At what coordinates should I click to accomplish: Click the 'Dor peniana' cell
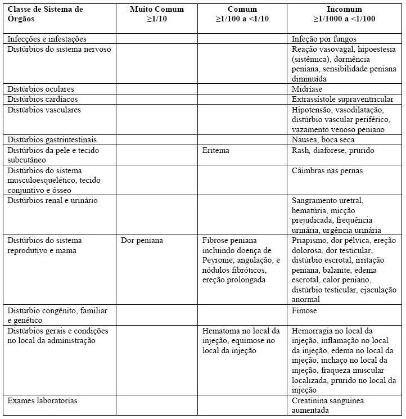click(x=142, y=240)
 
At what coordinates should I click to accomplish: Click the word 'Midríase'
click(x=308, y=89)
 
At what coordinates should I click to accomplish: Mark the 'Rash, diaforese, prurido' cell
click(x=333, y=151)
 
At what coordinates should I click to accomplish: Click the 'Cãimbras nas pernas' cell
click(x=327, y=170)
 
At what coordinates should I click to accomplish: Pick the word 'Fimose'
click(x=304, y=310)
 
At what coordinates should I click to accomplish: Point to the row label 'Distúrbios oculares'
click(x=40, y=89)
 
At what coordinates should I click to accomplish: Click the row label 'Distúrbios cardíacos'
click(x=42, y=100)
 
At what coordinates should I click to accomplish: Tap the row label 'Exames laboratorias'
click(x=42, y=401)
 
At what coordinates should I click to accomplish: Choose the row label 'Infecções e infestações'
click(x=47, y=39)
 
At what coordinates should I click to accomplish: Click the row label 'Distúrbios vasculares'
click(x=44, y=110)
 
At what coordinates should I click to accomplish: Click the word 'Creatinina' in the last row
click(x=311, y=401)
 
